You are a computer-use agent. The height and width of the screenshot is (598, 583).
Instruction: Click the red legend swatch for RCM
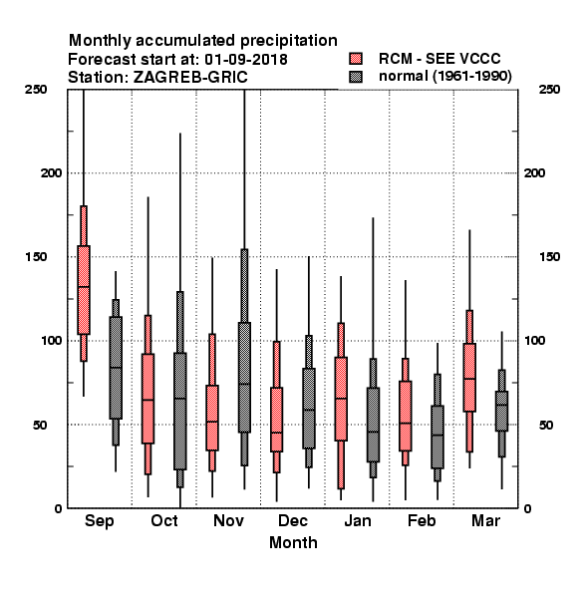356,59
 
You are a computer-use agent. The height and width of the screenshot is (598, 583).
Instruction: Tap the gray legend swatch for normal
356,77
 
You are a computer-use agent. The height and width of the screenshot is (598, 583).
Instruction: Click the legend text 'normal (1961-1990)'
444,77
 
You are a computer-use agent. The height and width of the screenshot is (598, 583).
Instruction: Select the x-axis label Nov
228,520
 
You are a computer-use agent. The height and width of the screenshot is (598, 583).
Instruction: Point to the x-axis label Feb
422,520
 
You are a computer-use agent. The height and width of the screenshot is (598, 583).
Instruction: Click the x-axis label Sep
99,521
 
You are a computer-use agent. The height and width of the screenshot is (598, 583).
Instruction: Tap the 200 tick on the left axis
52,172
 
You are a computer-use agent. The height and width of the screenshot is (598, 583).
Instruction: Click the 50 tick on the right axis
546,425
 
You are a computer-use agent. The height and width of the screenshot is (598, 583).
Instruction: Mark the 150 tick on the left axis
36,257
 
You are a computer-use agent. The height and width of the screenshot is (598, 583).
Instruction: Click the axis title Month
293,542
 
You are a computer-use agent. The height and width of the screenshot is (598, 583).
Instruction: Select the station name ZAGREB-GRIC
190,78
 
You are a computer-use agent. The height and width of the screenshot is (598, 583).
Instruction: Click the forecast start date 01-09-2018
246,60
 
